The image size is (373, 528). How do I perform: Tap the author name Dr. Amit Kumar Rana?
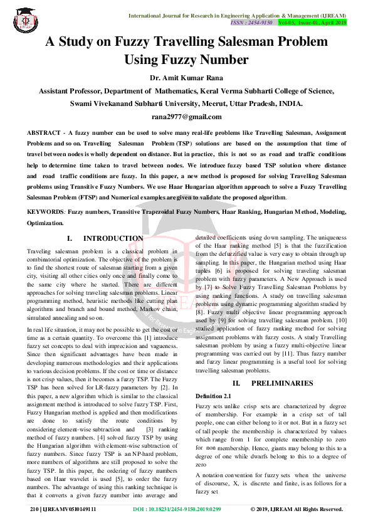(x=186, y=78)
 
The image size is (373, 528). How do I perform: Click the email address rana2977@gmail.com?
(x=186, y=117)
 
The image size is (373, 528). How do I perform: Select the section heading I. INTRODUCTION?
(x=105, y=238)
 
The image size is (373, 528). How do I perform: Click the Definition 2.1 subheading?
(x=213, y=396)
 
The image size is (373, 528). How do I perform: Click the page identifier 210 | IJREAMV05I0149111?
(x=63, y=509)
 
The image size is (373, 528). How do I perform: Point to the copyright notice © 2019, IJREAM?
(x=297, y=509)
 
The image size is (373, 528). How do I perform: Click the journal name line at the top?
(x=238, y=14)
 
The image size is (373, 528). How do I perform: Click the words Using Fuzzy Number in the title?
(x=186, y=60)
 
